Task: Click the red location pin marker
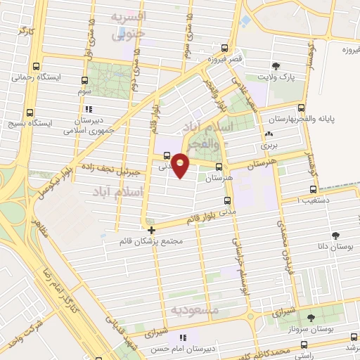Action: pos(181,165)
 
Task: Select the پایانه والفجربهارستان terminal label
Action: pos(330,120)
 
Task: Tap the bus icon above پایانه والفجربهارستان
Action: pos(302,108)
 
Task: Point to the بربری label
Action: pos(271,146)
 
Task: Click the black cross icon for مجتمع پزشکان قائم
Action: pos(151,229)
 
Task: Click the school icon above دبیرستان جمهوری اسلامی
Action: pos(88,109)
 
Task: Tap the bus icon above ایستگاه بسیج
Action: pos(30,112)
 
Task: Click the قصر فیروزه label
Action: pos(225,60)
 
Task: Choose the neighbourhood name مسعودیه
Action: pos(195,310)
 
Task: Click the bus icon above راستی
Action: pos(303,345)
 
